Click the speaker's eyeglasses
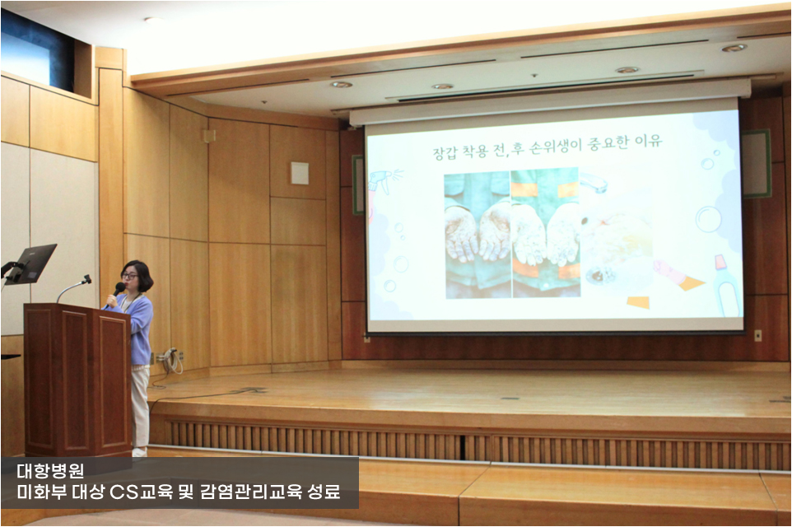[x=130, y=276]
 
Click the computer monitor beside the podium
[x=32, y=263]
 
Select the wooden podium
[x=77, y=380]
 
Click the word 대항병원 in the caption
[x=50, y=471]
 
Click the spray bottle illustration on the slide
[x=383, y=184]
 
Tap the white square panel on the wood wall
[x=300, y=173]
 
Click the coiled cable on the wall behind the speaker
[x=172, y=360]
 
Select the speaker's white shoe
[x=140, y=452]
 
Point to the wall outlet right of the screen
[x=757, y=335]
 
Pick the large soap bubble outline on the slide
[x=708, y=219]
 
